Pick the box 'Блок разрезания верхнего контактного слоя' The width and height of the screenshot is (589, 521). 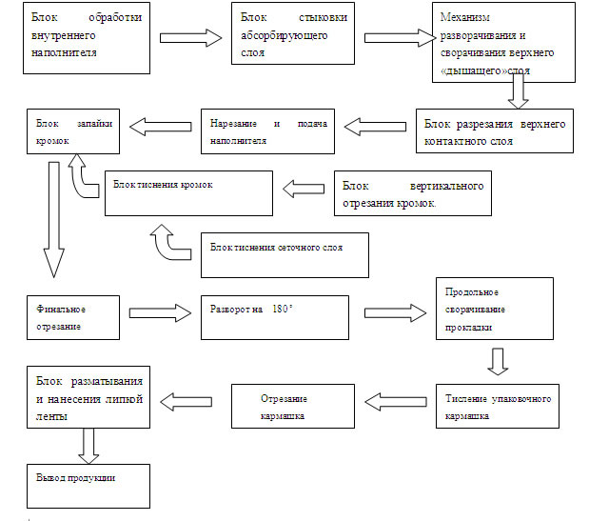[x=496, y=132]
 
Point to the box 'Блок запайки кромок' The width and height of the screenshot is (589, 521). [x=73, y=132]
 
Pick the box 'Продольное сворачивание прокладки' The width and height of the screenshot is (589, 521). [x=494, y=311]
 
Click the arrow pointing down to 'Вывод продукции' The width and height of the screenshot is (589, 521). [x=90, y=443]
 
